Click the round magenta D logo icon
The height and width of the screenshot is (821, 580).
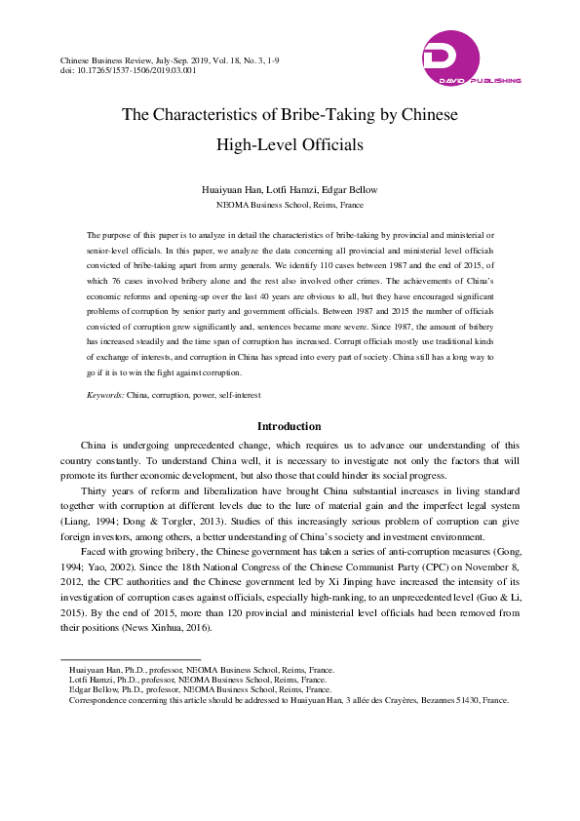(x=451, y=53)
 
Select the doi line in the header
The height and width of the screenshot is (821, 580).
(x=128, y=70)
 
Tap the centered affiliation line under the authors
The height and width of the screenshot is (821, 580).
(x=290, y=206)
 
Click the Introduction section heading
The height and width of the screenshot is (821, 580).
(x=289, y=426)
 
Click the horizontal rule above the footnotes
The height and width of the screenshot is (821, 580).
(x=131, y=659)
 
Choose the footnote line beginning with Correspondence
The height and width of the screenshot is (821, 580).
(x=289, y=700)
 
